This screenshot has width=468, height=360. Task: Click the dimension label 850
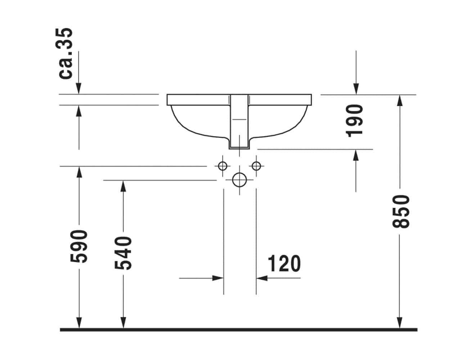pyautogui.click(x=400, y=211)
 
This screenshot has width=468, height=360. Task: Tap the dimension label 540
pyautogui.click(x=123, y=253)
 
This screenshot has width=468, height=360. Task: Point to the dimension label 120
pyautogui.click(x=284, y=264)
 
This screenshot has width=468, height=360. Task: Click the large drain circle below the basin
pyautogui.click(x=239, y=180)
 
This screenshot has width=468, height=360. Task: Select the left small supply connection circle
pyautogui.click(x=223, y=166)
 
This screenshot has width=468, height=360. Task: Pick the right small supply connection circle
pyautogui.click(x=256, y=166)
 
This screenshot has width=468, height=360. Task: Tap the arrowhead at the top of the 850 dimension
pyautogui.click(x=399, y=101)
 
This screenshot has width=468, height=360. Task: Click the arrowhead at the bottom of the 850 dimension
pyautogui.click(x=399, y=323)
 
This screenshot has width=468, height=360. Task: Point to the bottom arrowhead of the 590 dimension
pyautogui.click(x=79, y=323)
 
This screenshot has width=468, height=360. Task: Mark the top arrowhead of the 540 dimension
pyautogui.click(x=123, y=186)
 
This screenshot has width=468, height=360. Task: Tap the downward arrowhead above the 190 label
pyautogui.click(x=356, y=88)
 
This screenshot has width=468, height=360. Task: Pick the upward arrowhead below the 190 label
pyautogui.click(x=356, y=155)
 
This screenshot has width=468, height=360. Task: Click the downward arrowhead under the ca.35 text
pyautogui.click(x=78, y=88)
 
